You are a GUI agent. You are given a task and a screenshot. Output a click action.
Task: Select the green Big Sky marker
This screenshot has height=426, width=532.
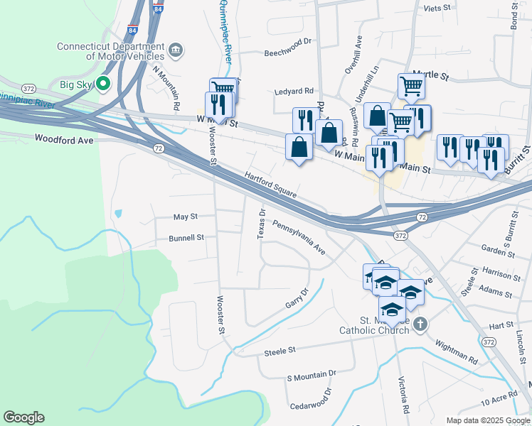[103, 84]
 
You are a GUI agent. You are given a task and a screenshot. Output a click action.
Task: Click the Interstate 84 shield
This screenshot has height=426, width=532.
[133, 31]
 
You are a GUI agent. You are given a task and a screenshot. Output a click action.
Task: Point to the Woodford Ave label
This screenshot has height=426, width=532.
[64, 141]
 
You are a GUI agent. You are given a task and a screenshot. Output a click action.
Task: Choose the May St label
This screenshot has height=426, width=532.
[185, 217]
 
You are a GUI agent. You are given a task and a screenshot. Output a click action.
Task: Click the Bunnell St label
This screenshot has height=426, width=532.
[186, 238]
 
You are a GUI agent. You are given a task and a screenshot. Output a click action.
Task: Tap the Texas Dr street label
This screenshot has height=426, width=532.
[262, 224]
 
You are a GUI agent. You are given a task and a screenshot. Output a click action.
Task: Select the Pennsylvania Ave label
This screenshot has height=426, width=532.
[299, 240]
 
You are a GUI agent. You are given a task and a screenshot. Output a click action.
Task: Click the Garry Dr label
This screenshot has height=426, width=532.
[297, 297]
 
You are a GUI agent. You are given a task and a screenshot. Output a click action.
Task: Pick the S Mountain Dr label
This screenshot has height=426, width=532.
[311, 374]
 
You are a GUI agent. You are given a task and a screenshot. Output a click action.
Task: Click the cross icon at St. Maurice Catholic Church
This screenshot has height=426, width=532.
[420, 324]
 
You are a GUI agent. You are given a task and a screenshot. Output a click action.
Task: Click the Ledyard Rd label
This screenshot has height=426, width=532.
[294, 91]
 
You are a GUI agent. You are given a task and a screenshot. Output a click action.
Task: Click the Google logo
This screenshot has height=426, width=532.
[23, 417]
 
